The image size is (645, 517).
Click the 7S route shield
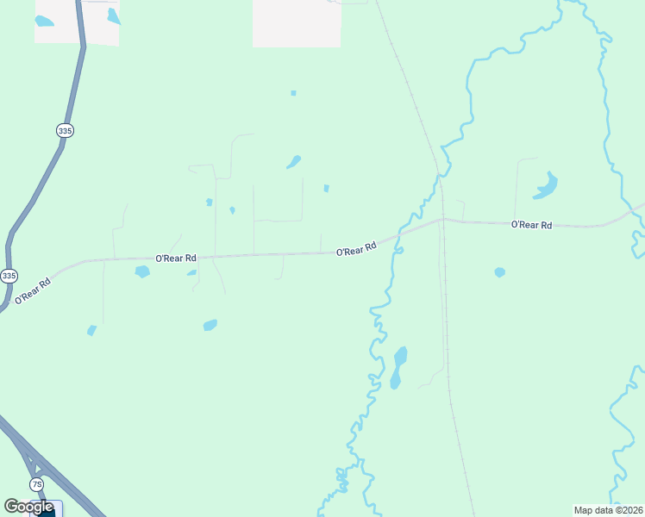click(x=36, y=484)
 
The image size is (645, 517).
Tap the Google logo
click(x=28, y=507)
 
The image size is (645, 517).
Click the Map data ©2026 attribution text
click(x=608, y=510)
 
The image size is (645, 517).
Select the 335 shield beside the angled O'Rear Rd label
click(x=9, y=276)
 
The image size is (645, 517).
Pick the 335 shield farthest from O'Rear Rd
click(x=66, y=130)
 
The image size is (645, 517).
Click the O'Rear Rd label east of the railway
click(x=531, y=225)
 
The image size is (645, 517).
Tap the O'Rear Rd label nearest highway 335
click(x=32, y=291)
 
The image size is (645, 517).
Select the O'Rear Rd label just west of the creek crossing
click(x=356, y=248)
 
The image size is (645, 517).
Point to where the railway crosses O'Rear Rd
click(x=441, y=220)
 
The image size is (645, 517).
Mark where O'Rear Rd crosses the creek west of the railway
click(x=398, y=236)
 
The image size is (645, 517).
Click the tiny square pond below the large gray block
click(x=293, y=93)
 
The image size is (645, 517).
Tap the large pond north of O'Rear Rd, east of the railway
click(x=546, y=185)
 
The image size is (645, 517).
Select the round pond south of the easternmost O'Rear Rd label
click(x=499, y=272)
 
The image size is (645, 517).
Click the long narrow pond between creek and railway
click(x=398, y=366)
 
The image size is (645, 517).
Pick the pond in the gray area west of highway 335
click(x=44, y=21)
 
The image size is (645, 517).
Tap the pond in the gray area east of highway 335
click(x=114, y=16)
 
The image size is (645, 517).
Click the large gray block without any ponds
click(x=296, y=22)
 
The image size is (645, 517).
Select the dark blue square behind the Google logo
click(x=47, y=510)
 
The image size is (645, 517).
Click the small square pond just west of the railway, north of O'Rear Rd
click(x=326, y=188)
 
